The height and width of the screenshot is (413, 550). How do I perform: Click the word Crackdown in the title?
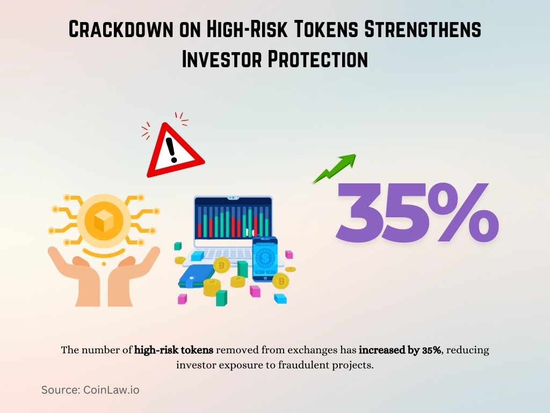click(x=119, y=30)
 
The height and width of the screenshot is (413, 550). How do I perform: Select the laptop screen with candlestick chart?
click(x=233, y=218)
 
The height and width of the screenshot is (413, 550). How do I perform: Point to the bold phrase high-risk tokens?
click(x=174, y=350)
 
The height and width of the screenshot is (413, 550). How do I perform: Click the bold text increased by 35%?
click(x=400, y=350)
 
